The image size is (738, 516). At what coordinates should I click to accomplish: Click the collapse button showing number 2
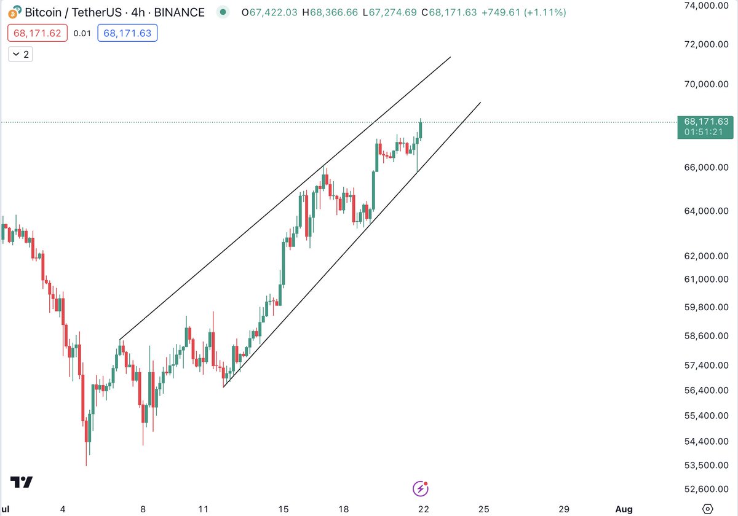coord(21,54)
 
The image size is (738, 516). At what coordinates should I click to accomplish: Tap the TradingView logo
coord(22,482)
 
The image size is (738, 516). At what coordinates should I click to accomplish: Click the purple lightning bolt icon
coord(420,488)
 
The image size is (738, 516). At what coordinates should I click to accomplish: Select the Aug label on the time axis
coord(624,509)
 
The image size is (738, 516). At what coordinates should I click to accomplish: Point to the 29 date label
coord(564,509)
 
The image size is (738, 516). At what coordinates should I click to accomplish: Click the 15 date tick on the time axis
coord(283,509)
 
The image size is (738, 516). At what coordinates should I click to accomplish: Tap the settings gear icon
coord(707,509)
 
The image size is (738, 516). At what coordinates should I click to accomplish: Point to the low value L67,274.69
coord(389,12)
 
